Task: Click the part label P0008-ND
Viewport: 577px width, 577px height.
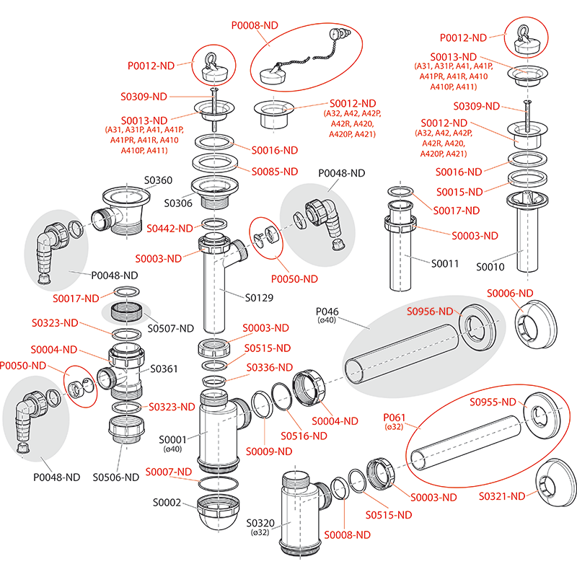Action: pos(255,25)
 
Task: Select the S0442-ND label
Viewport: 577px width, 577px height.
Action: pos(169,228)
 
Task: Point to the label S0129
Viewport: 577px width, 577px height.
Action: pos(260,296)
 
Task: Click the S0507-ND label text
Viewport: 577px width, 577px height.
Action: pos(171,328)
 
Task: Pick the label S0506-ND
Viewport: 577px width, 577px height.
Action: pos(115,477)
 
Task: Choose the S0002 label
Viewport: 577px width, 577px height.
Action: pos(167,502)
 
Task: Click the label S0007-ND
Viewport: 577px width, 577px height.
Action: pos(169,472)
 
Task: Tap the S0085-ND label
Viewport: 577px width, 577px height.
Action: pos(274,172)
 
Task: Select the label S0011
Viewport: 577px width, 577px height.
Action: pos(444,263)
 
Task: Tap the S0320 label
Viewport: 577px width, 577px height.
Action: pos(261,523)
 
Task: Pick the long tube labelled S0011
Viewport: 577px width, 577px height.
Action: pos(405,256)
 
